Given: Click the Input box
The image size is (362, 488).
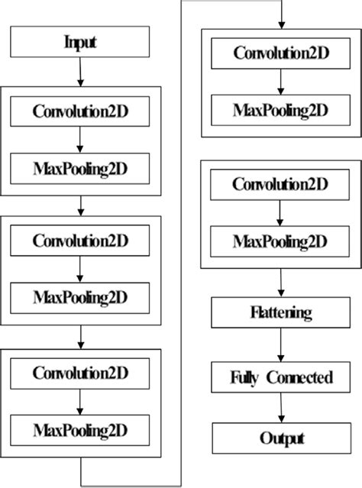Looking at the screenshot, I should click(80, 42).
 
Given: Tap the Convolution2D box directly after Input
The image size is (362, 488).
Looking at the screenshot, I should click(80, 111).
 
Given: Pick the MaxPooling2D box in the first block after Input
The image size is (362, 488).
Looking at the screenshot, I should click(80, 166).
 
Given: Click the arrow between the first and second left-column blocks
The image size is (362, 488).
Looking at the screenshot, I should click(80, 205).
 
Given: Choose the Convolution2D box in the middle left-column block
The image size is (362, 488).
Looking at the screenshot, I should click(80, 241).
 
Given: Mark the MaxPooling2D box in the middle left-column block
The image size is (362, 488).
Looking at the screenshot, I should click(80, 296).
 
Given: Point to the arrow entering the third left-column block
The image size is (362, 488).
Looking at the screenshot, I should click(80, 337).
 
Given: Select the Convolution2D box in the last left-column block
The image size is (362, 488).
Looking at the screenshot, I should click(80, 373).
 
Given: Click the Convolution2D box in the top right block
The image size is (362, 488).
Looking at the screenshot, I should click(280, 53).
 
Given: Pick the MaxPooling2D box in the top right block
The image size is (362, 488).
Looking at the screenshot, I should click(280, 108).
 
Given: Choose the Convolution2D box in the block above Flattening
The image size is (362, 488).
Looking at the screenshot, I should click(280, 185).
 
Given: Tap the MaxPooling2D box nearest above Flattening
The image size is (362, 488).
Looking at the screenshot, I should click(280, 241).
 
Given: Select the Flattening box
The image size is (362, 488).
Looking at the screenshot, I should click(280, 313).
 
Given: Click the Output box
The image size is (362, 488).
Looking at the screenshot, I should click(280, 438).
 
